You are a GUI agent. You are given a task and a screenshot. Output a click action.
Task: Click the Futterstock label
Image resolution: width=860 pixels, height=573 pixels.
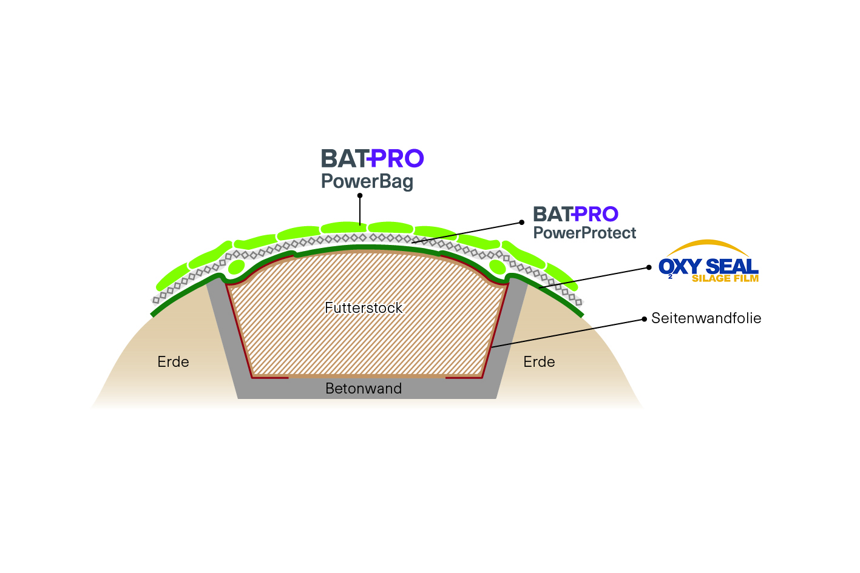[x=364, y=308]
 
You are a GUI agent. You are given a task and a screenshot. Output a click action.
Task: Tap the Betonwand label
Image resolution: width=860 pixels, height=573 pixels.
[x=364, y=389]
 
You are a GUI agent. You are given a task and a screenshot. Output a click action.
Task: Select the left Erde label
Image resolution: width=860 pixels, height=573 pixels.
[x=173, y=362]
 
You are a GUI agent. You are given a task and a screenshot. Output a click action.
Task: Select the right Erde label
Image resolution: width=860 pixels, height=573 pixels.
[x=539, y=362]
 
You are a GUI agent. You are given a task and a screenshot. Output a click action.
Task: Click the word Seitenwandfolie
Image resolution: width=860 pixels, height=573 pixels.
[x=706, y=318]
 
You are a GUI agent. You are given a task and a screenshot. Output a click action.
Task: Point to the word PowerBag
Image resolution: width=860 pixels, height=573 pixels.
[x=367, y=181]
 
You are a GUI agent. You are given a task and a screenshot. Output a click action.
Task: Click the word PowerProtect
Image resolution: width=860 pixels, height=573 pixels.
[x=584, y=233]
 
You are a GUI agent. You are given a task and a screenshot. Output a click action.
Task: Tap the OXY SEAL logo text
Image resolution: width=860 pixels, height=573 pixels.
[x=709, y=266]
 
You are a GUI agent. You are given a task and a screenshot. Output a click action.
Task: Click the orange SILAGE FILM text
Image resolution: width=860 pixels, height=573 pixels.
[x=725, y=279]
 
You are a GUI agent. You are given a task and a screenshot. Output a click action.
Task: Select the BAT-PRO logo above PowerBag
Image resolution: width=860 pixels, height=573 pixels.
[x=372, y=159]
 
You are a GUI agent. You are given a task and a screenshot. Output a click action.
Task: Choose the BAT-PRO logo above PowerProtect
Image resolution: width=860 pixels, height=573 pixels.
[x=575, y=214]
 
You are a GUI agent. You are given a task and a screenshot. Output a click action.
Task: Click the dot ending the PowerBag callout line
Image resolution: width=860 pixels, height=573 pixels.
[x=360, y=195]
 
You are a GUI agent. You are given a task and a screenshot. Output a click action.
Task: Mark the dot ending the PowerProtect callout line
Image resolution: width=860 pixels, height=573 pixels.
[x=521, y=222]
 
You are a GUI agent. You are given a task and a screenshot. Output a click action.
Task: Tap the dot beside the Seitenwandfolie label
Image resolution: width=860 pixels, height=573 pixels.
[x=644, y=318]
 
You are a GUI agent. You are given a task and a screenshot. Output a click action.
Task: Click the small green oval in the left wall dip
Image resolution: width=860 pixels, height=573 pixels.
[x=236, y=267]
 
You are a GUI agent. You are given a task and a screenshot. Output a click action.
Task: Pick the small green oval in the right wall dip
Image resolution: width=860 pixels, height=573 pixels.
[x=497, y=267]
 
